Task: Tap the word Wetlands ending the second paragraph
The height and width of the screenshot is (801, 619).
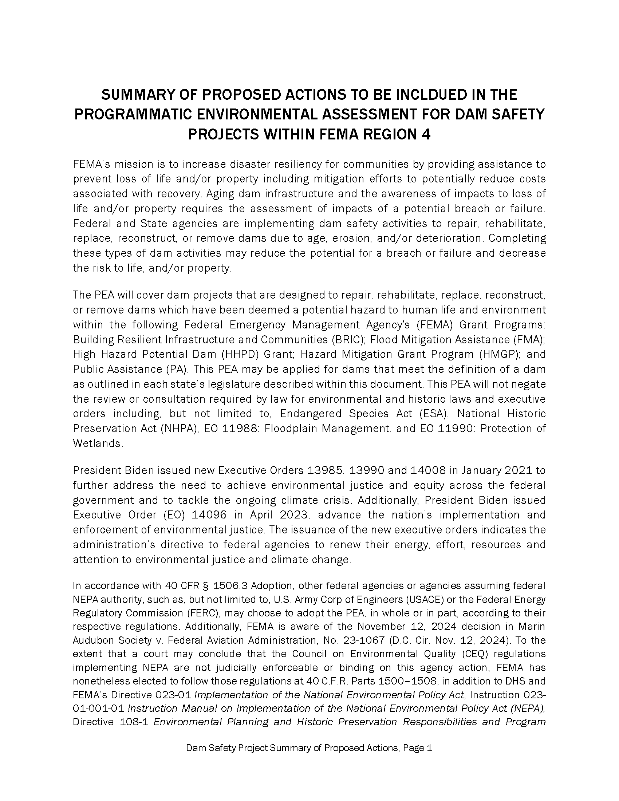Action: (97, 443)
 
